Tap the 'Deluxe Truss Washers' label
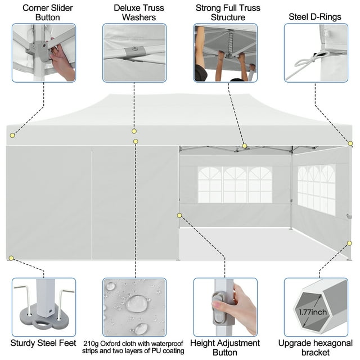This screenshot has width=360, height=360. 134,12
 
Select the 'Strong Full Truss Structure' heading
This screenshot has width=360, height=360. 225,12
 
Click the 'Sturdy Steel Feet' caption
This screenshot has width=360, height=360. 43,343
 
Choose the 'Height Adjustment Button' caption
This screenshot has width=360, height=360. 225,346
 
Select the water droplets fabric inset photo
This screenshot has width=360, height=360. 134,307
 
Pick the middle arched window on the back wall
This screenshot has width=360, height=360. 235,184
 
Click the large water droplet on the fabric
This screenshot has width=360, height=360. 137,304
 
